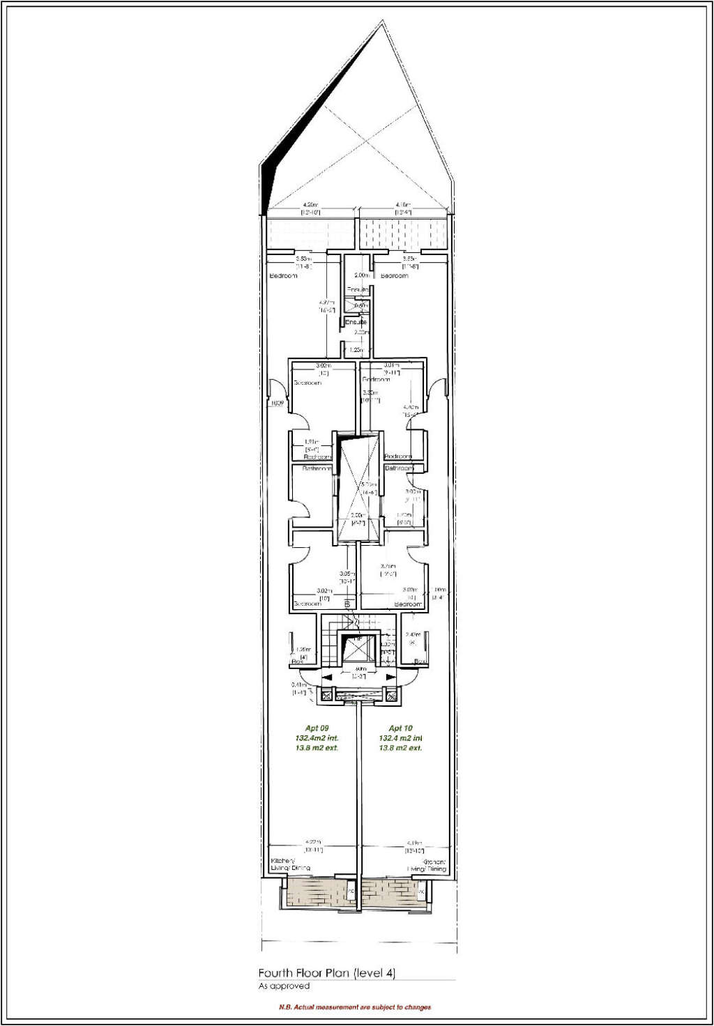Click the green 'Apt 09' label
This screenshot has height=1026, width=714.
[317, 728]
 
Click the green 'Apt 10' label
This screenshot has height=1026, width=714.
[400, 728]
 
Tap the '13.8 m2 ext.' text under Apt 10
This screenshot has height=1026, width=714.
[400, 748]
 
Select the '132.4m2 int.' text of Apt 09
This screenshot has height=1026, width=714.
[317, 738]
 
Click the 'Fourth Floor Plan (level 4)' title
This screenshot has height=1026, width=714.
[326, 973]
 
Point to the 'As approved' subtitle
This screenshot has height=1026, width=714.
[284, 986]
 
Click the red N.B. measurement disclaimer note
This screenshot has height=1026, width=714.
[355, 1007]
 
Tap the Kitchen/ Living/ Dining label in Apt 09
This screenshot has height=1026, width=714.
[289, 865]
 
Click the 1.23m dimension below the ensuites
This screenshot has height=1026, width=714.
[356, 350]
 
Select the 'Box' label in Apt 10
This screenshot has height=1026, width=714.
[420, 661]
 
